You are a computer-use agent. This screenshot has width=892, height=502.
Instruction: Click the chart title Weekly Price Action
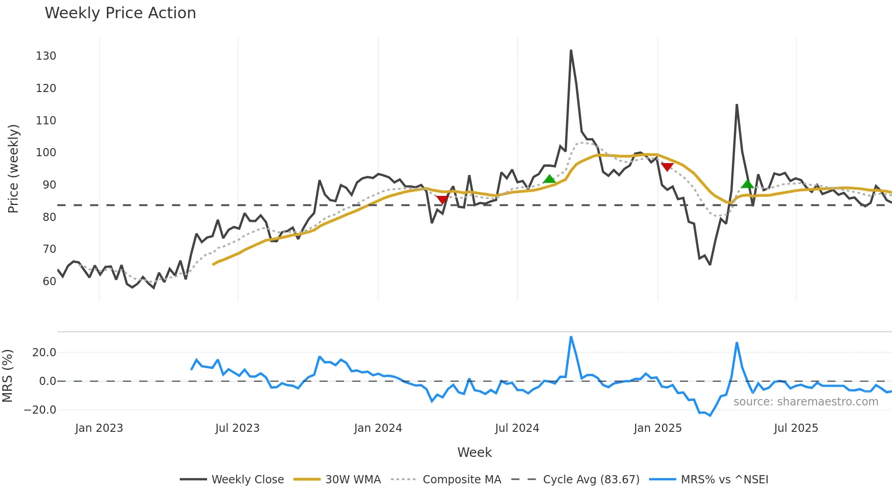click(x=120, y=13)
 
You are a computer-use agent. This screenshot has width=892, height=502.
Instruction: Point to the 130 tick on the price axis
click(x=46, y=56)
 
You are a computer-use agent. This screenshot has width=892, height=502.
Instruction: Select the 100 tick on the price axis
click(x=46, y=153)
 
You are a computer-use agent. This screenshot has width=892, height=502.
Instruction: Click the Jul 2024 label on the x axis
click(x=517, y=428)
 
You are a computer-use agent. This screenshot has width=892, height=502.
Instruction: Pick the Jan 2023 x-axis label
click(x=99, y=428)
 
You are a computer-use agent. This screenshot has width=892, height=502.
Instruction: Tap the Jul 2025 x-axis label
click(x=796, y=428)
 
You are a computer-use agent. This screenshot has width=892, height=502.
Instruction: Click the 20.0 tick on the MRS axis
click(x=44, y=353)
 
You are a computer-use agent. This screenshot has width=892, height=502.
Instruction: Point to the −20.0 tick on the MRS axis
click(x=40, y=410)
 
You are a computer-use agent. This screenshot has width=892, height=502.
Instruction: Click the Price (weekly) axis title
click(x=14, y=169)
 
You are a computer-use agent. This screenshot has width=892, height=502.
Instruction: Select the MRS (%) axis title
click(x=7, y=376)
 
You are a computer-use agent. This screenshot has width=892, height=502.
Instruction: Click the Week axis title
click(x=474, y=452)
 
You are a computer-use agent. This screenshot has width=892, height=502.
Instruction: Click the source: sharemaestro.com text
click(x=806, y=402)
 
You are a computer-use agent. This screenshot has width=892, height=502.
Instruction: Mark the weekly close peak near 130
click(x=571, y=51)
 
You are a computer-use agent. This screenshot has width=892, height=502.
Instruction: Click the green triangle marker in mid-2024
click(x=549, y=179)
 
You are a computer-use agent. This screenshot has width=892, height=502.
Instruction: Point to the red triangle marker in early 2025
click(x=667, y=167)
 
